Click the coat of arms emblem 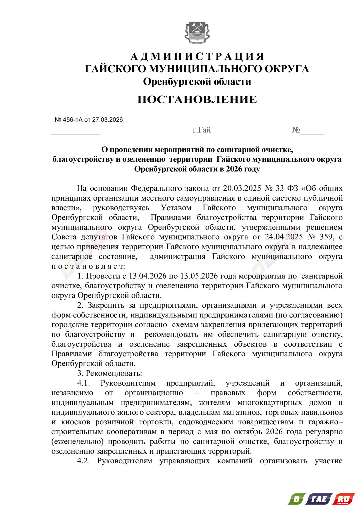(x=197, y=32)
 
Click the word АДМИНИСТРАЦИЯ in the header (x=197, y=56)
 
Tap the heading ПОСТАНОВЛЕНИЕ (x=197, y=99)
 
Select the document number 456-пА (x=73, y=120)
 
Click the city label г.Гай (x=202, y=130)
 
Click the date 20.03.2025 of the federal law (x=242, y=188)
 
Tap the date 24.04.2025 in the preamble (x=284, y=237)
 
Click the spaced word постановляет (x=88, y=266)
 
